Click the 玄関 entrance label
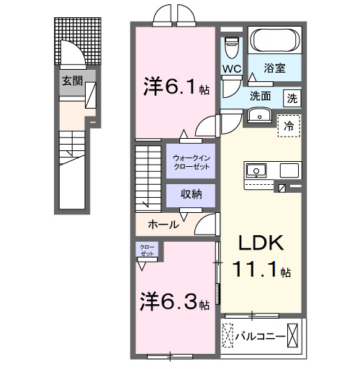click(x=70, y=81)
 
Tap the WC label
click(x=231, y=69)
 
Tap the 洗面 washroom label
click(x=261, y=96)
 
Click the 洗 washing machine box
click(x=293, y=97)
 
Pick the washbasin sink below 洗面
click(x=258, y=115)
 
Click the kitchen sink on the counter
click(x=257, y=171)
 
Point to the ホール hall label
click(x=163, y=224)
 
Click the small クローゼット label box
click(x=146, y=250)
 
